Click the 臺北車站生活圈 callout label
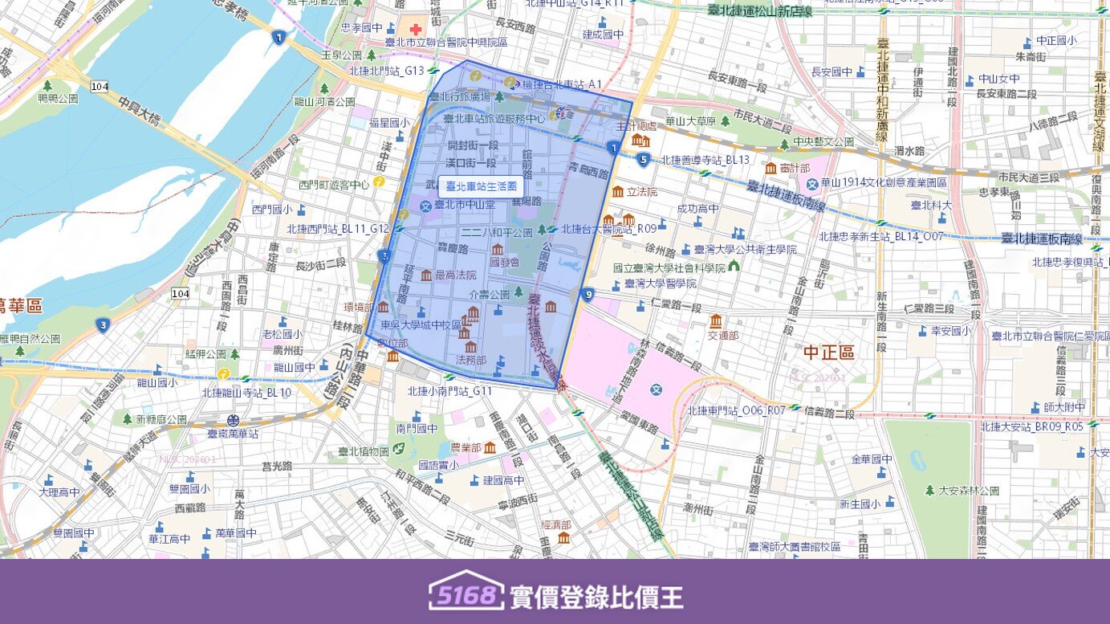pyautogui.click(x=481, y=186)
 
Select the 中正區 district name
pyautogui.click(x=829, y=353)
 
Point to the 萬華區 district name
pyautogui.click(x=21, y=305)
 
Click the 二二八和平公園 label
pyautogui.click(x=498, y=233)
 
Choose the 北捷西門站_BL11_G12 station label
pyautogui.click(x=338, y=229)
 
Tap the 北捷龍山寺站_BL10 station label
pyautogui.click(x=246, y=393)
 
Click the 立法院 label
pyautogui.click(x=642, y=192)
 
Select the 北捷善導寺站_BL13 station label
pyautogui.click(x=705, y=160)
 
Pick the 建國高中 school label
pyautogui.click(x=503, y=480)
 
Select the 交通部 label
pyautogui.click(x=723, y=336)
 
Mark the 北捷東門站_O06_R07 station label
pyautogui.click(x=736, y=410)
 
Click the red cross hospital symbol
pyautogui.click(x=416, y=29)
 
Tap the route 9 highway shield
pyautogui.click(x=588, y=295)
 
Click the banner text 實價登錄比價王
pyautogui.click(x=596, y=597)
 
